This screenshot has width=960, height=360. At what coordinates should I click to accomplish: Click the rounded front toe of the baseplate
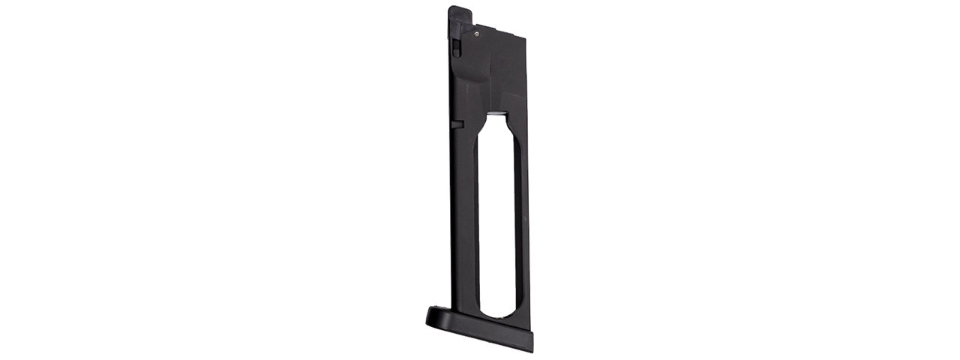coord(435,316)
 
